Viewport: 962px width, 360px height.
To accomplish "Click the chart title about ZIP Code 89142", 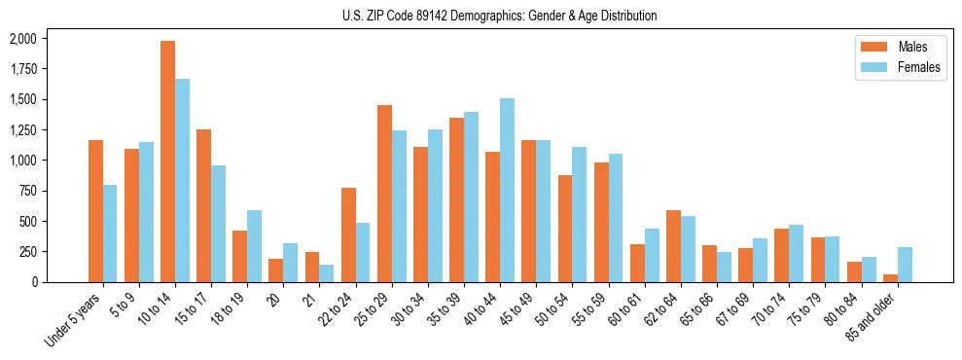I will click(499, 16).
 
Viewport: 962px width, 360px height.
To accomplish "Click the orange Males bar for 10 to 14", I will click(168, 162).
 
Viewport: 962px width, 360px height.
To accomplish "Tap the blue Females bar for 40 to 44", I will click(507, 190).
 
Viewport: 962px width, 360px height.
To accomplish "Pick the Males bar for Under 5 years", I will click(95, 211).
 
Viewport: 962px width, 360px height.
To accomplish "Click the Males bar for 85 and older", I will click(890, 277).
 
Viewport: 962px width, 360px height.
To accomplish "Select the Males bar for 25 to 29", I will click(385, 194).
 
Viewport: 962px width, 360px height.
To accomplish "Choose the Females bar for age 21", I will click(327, 273).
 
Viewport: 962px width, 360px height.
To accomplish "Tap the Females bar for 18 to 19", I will click(255, 246).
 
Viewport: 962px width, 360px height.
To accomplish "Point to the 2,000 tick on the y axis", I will click(21, 39).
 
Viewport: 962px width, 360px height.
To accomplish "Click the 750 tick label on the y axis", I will click(27, 191).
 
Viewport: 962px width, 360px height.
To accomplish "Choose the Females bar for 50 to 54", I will click(579, 214).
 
